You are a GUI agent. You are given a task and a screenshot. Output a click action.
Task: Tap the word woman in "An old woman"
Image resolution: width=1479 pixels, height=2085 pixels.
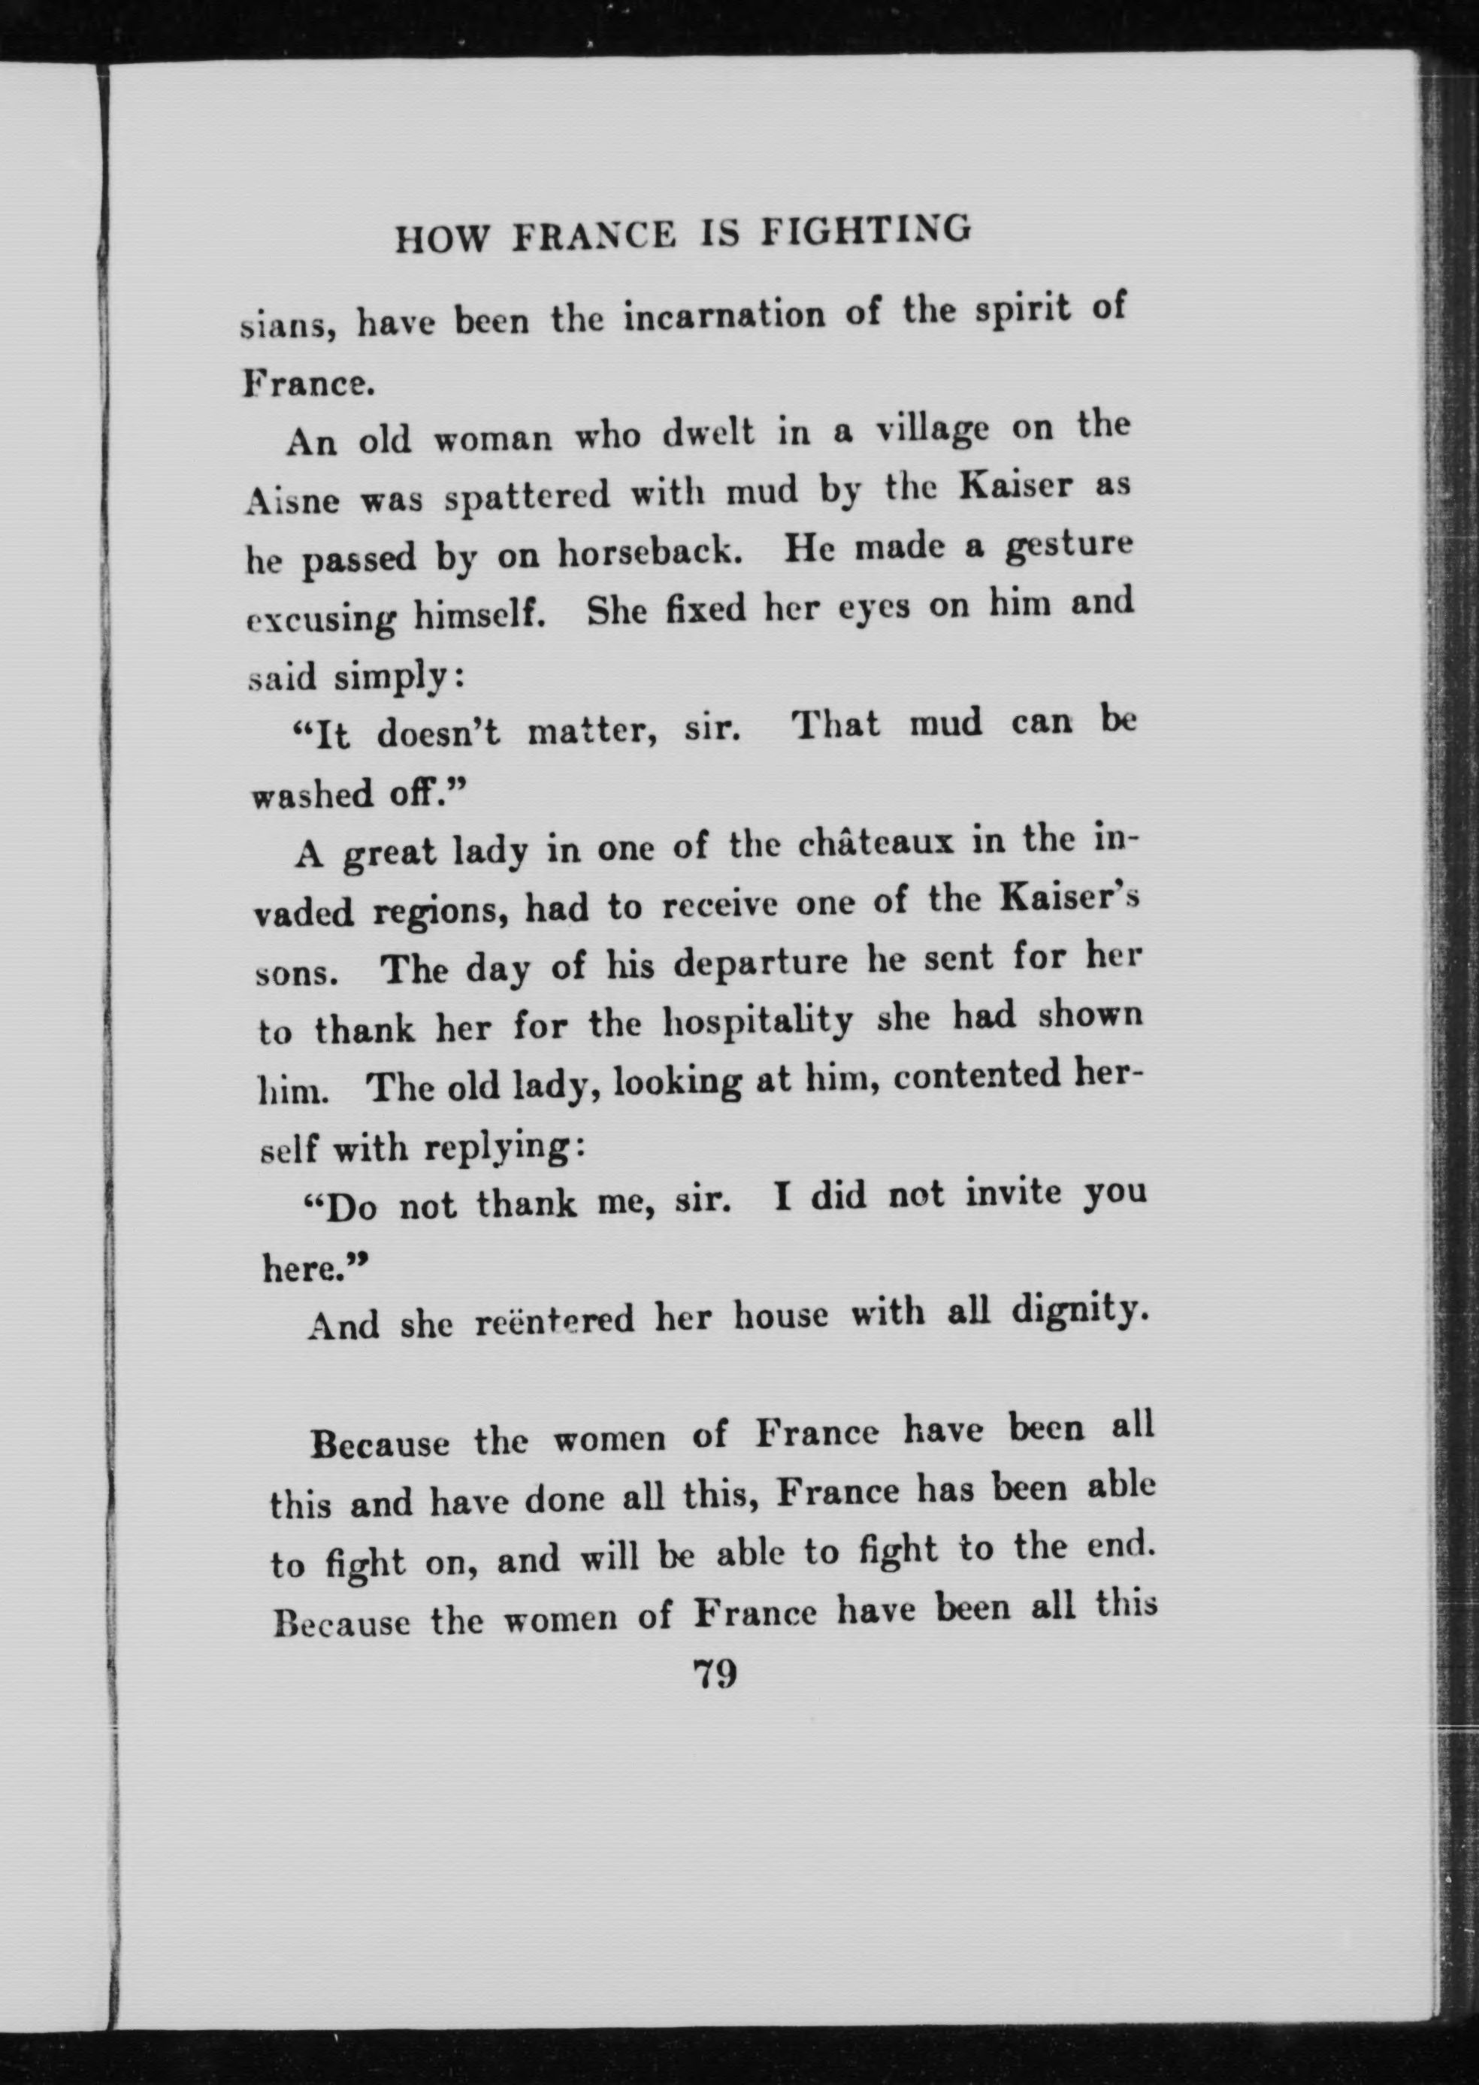[x=491, y=439]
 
